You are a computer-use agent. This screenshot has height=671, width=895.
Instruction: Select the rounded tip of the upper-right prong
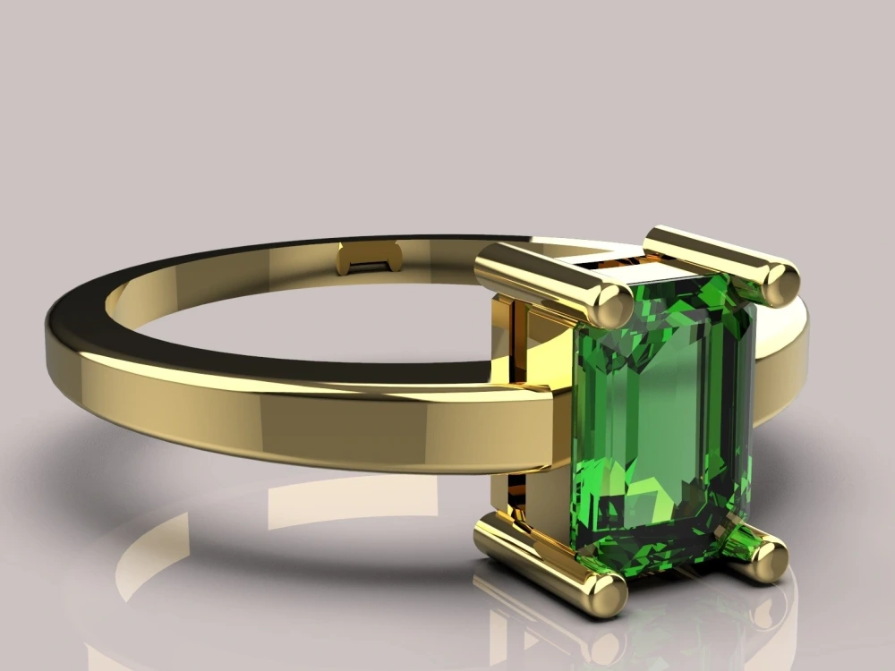tap(777, 282)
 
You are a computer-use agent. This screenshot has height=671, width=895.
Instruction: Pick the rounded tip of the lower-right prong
tap(767, 560)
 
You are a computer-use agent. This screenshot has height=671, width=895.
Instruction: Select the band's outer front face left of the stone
tap(313, 420)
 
